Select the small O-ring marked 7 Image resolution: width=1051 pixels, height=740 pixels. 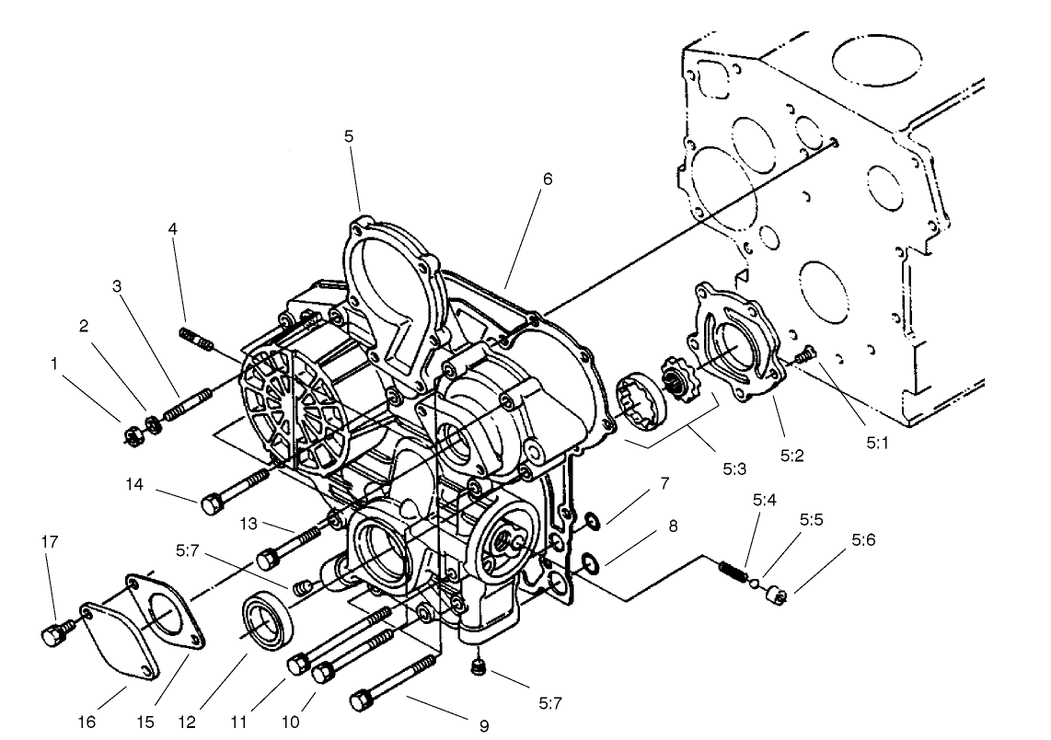[x=592, y=523]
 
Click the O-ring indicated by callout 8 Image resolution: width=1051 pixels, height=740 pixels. [x=589, y=561]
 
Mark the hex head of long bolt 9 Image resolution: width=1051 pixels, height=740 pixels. [x=360, y=702]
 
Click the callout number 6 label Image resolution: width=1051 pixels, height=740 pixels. [x=548, y=179]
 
